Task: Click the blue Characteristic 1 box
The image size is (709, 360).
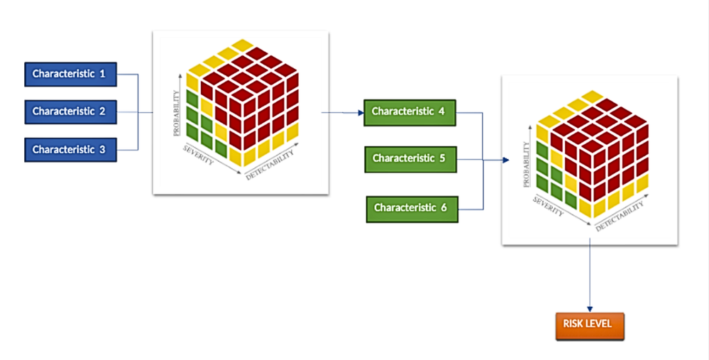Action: [70, 73]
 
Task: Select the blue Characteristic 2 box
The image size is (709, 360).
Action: [70, 111]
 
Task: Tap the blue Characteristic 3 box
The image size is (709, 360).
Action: [70, 150]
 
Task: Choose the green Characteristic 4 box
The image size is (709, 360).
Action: [410, 112]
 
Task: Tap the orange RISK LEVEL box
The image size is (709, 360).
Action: [589, 324]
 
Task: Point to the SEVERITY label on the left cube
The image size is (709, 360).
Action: [198, 155]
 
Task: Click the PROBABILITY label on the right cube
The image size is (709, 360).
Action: [527, 165]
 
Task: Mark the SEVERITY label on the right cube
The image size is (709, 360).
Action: [549, 206]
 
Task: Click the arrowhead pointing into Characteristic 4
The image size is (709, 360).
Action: [360, 112]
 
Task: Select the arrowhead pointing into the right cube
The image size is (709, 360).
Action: [506, 160]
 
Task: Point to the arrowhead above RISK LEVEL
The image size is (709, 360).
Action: [590, 306]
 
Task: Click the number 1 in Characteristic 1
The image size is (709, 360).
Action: [102, 73]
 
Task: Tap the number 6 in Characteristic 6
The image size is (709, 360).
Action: [444, 208]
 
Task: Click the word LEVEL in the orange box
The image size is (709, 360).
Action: [601, 324]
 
